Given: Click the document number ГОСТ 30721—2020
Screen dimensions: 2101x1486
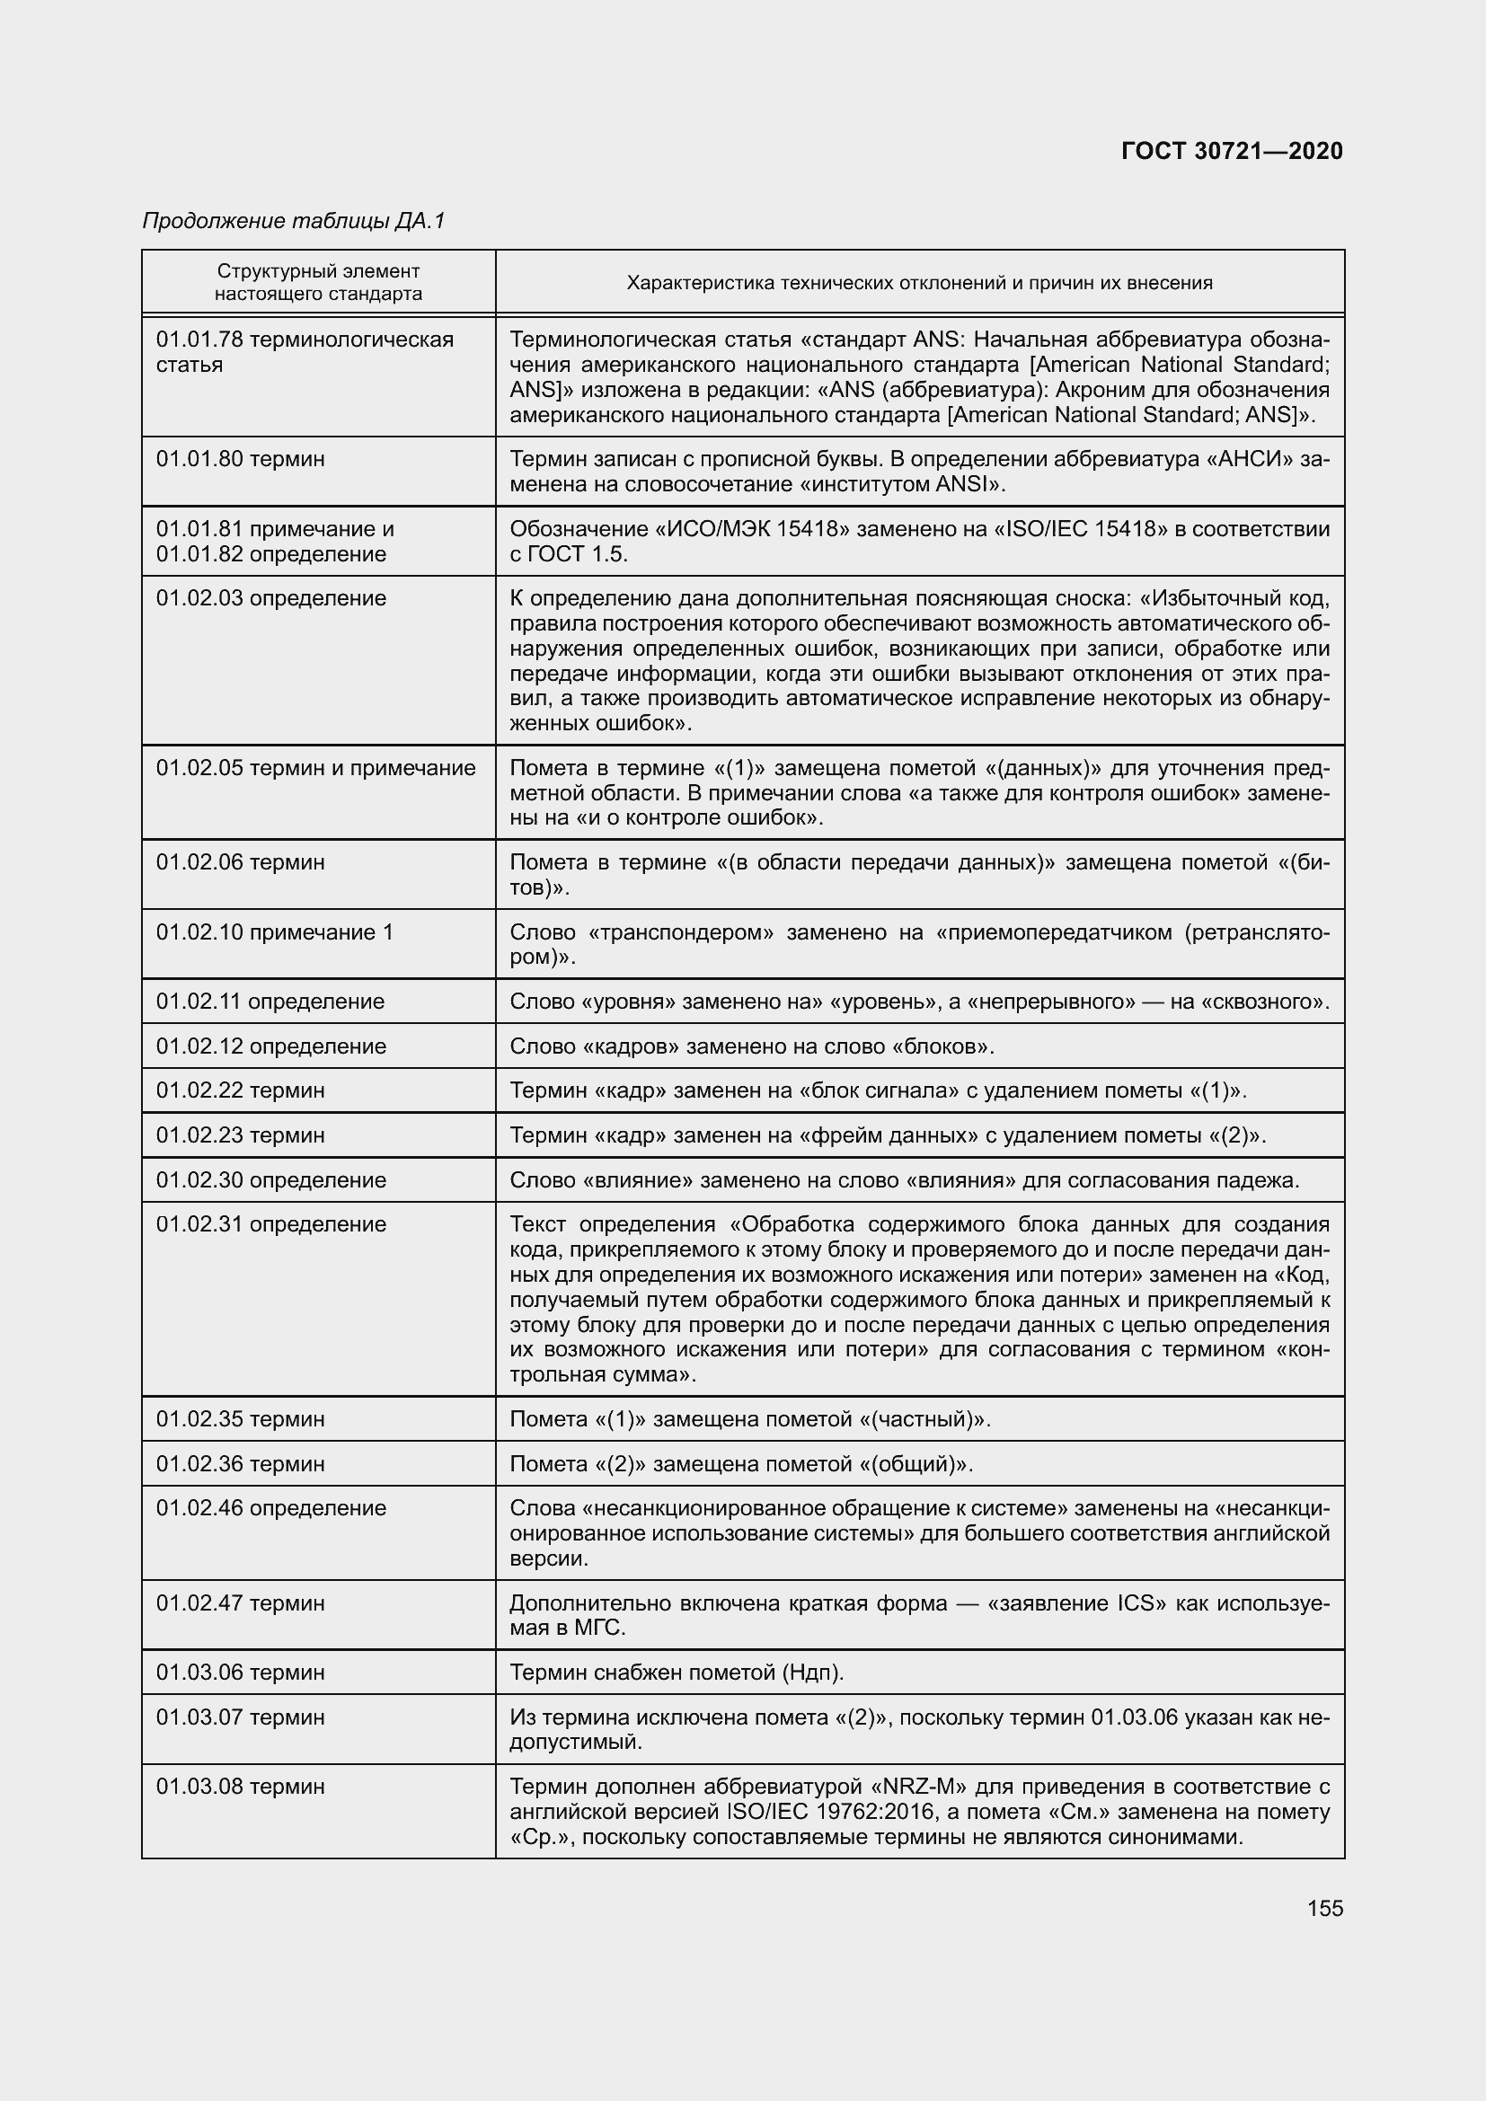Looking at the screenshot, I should click(x=1232, y=151).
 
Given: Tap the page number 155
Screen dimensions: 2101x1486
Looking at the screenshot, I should click(x=1325, y=1908).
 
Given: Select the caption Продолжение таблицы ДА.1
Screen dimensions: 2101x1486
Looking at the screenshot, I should click(x=293, y=221).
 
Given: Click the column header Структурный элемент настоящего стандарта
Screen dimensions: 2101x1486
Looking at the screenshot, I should click(x=318, y=282).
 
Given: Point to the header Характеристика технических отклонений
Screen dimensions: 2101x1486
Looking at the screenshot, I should click(x=919, y=283).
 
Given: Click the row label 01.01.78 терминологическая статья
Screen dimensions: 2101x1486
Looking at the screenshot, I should click(x=304, y=352).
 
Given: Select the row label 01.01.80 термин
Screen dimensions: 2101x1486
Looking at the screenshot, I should click(x=240, y=458).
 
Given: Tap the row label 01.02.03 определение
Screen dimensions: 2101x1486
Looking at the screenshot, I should click(x=270, y=597).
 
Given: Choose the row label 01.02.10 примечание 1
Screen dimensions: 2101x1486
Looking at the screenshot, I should click(x=275, y=931).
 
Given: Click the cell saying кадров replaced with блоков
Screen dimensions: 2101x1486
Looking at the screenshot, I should click(x=751, y=1046).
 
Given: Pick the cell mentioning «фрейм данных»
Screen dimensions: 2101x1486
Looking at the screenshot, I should click(x=887, y=1134).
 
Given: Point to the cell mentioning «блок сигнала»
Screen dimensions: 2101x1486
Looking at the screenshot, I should click(x=879, y=1090).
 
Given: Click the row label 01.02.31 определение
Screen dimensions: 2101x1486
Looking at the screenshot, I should click(x=270, y=1223).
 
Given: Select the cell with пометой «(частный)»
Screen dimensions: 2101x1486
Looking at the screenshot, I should click(x=750, y=1418).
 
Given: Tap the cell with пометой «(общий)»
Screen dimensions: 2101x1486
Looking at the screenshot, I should click(x=741, y=1463).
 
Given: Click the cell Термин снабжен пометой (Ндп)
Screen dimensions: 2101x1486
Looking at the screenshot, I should click(x=677, y=1672).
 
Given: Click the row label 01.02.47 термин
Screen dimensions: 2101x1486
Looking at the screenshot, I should click(x=240, y=1602).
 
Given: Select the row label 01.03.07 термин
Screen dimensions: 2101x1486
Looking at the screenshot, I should click(x=240, y=1717).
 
